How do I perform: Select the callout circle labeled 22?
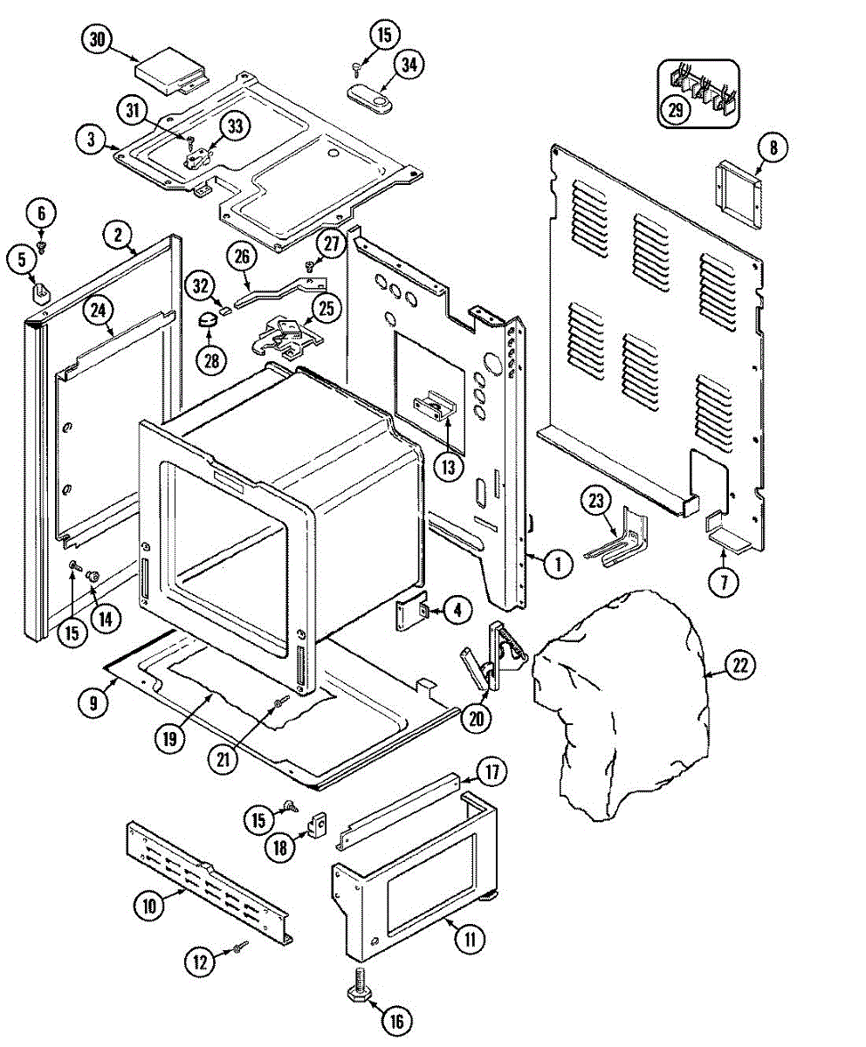pyautogui.click(x=740, y=666)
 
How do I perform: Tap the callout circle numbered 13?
pyautogui.click(x=448, y=467)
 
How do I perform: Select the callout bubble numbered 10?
pyautogui.click(x=149, y=907)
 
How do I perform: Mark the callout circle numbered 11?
pyautogui.click(x=470, y=940)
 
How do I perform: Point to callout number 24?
pyautogui.click(x=100, y=308)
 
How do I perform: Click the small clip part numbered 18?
pyautogui.click(x=319, y=822)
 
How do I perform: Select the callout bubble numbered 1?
pyautogui.click(x=555, y=564)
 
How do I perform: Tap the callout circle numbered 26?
pyautogui.click(x=242, y=257)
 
